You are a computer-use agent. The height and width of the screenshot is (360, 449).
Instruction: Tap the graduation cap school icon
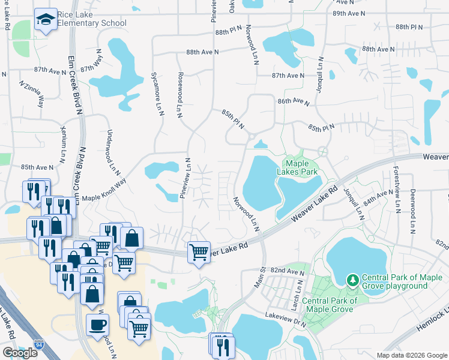click(x=46, y=20)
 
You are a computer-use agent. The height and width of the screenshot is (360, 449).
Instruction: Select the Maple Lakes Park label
click(x=300, y=167)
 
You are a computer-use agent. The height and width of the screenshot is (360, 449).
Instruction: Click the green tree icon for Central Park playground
click(x=353, y=280)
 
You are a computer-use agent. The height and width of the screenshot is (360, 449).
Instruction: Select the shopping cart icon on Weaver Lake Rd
click(x=199, y=252)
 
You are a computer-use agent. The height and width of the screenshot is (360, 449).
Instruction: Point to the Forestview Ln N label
click(x=397, y=190)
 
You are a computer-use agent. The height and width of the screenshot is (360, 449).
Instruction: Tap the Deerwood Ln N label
click(x=412, y=211)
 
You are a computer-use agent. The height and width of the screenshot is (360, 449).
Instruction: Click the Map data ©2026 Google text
click(x=411, y=355)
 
